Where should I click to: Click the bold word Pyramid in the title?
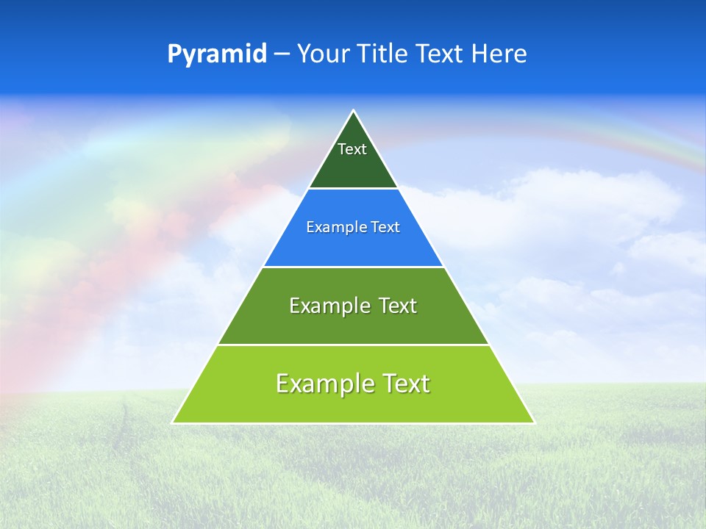[x=217, y=54]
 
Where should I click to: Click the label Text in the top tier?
[x=352, y=149]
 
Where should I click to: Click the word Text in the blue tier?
[x=385, y=227]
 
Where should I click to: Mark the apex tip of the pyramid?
[x=353, y=112]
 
